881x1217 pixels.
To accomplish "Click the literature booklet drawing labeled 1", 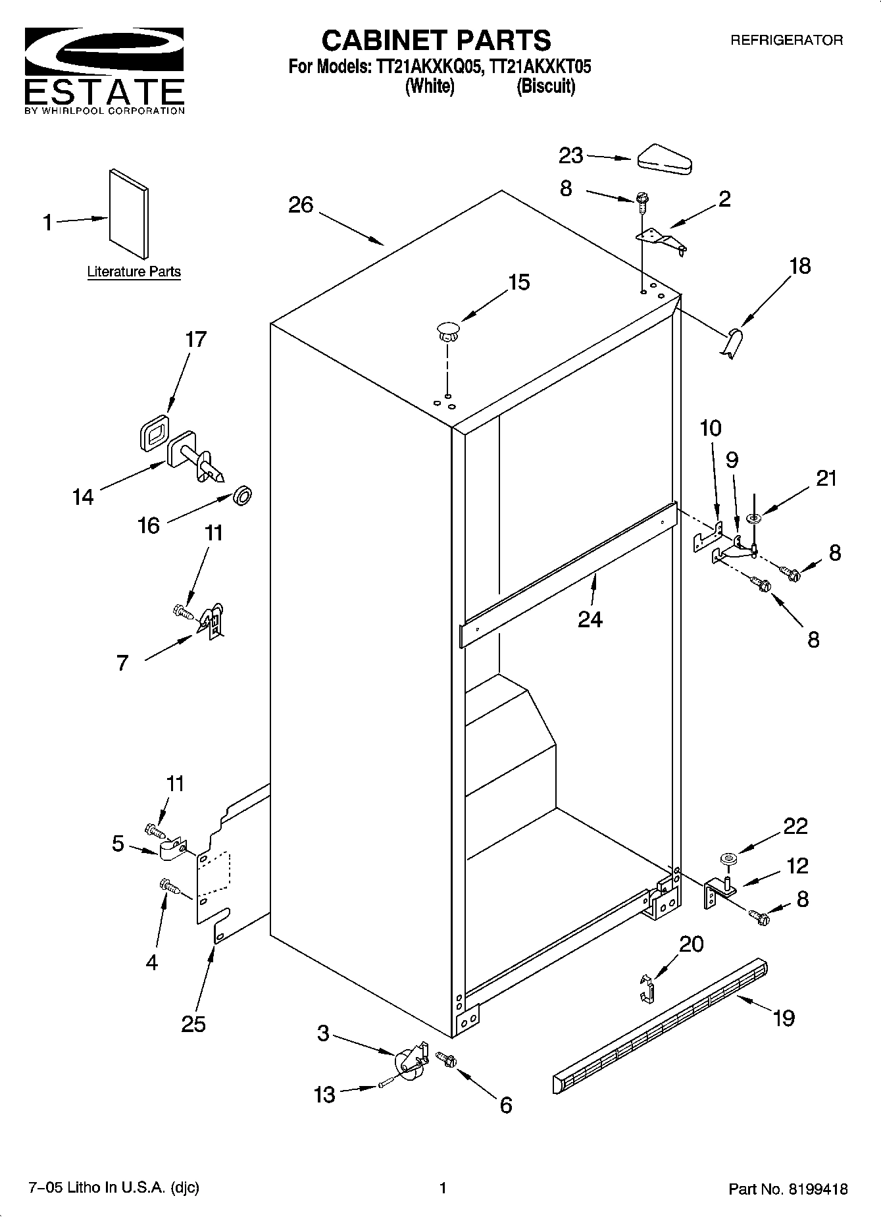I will [x=129, y=213].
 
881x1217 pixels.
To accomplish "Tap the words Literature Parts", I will [x=134, y=271].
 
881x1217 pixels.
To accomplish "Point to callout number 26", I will [x=301, y=205].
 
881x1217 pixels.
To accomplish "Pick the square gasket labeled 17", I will [x=154, y=433].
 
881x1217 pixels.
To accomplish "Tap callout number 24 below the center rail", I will [x=590, y=619].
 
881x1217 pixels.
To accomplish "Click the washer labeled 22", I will [x=727, y=858].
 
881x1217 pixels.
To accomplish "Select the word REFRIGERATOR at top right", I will [x=786, y=40].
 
